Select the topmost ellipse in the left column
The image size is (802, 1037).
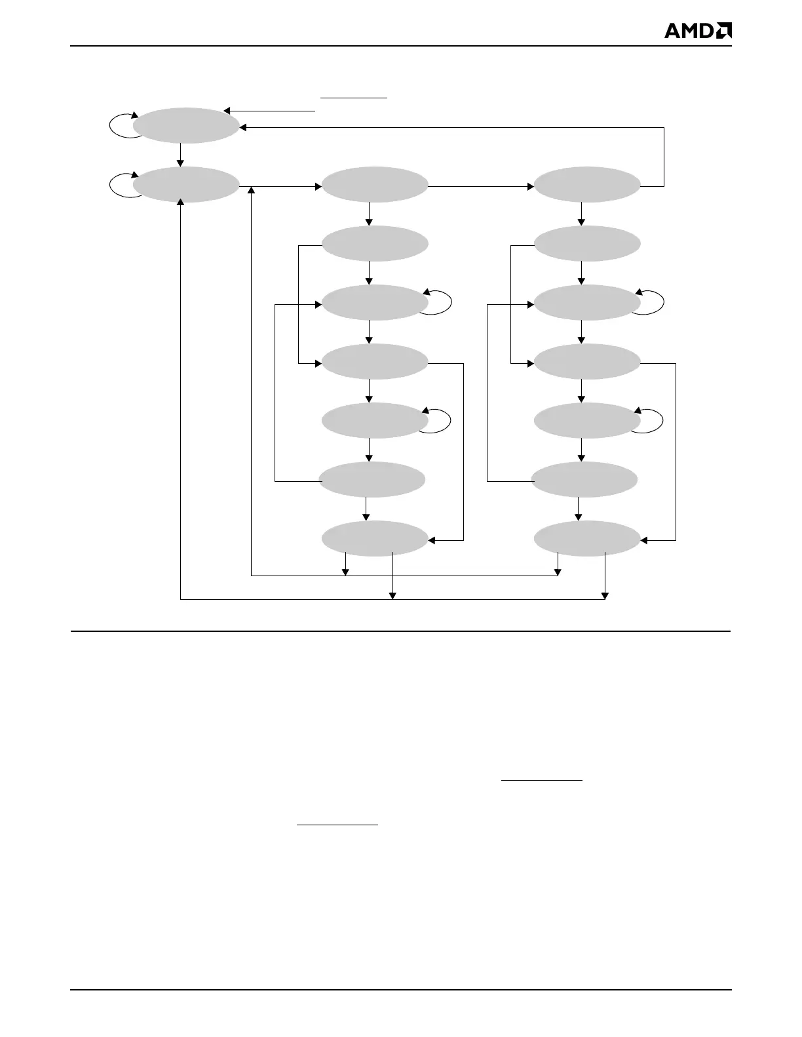tap(186, 125)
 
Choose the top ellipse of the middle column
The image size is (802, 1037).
tap(375, 186)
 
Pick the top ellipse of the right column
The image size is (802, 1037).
tap(587, 186)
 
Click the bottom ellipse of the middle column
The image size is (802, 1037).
tap(375, 539)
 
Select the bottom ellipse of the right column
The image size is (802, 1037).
tap(587, 539)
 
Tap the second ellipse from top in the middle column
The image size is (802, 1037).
tap(375, 244)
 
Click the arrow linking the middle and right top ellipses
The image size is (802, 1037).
tap(481, 186)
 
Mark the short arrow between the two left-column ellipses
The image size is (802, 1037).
tap(180, 155)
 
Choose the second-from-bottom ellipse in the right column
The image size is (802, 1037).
tap(584, 480)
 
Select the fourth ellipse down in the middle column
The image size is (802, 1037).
tap(375, 362)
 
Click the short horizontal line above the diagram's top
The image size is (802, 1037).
tap(354, 97)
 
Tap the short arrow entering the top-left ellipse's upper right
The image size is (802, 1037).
tap(269, 110)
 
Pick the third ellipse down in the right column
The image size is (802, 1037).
tap(587, 303)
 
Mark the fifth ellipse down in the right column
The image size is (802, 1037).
tap(587, 421)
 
